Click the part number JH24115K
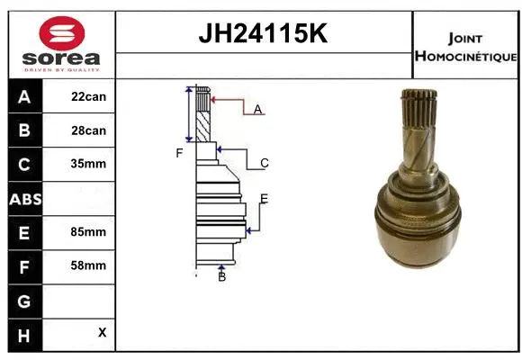tap(264, 33)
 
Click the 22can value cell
tap(89, 96)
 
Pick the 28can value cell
tap(89, 130)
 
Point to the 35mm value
tap(89, 165)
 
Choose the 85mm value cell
tap(89, 231)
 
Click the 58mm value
tap(89, 265)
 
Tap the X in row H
tap(102, 332)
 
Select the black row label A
tap(23, 97)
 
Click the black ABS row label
tap(23, 199)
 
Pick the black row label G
tap(23, 300)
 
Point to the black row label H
tap(23, 333)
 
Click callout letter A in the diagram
tap(257, 110)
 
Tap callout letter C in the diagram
tap(265, 163)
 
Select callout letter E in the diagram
tap(264, 199)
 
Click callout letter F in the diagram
tap(179, 153)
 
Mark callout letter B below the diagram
tap(221, 276)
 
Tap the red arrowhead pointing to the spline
tap(215, 98)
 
